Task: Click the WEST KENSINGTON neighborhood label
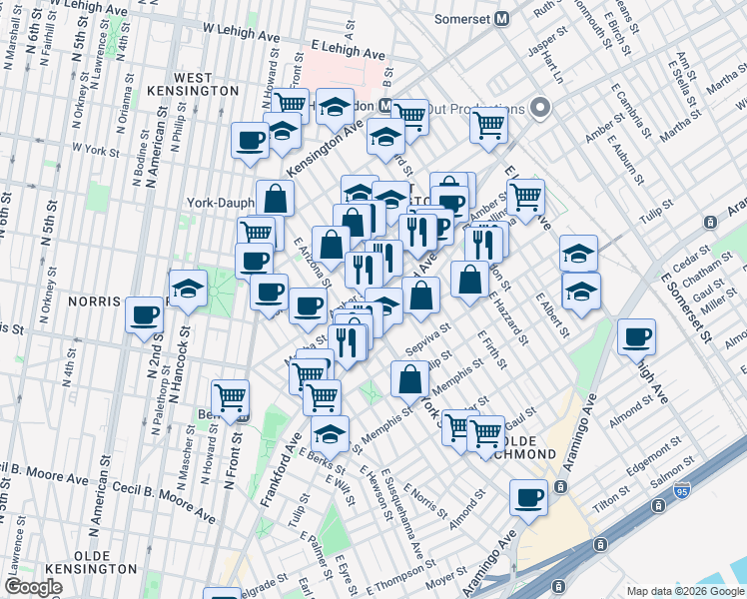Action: (205, 84)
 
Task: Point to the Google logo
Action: (34, 587)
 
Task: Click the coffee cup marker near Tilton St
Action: (528, 495)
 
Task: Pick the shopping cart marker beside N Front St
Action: (231, 396)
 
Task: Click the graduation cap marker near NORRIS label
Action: (188, 289)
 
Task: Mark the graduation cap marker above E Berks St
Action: (330, 432)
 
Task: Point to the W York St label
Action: (97, 150)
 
